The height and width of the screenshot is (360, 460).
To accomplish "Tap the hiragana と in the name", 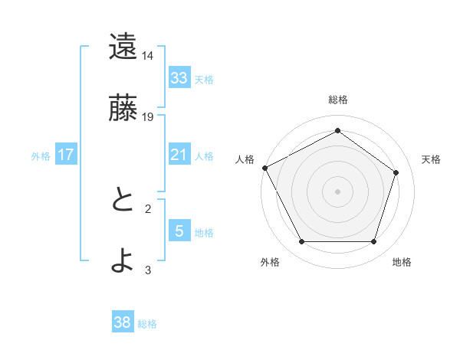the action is pos(122,200).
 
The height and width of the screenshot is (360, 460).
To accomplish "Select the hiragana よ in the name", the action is pos(122,261).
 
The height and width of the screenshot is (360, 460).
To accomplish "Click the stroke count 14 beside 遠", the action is pos(148,56).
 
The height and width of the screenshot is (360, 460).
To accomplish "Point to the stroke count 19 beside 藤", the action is pos(148,117).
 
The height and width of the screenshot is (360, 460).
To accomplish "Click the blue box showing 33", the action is pos(179,78).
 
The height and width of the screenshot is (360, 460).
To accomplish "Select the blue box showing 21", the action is pos(179,155).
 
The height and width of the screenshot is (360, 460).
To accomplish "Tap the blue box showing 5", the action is pos(179,231).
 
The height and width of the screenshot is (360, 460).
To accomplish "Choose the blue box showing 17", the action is pos(66,155).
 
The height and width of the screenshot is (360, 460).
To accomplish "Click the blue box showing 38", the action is pos(123,322).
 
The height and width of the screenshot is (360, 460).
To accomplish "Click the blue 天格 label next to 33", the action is pos(204,80).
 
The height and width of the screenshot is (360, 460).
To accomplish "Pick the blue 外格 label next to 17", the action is pos(41,156).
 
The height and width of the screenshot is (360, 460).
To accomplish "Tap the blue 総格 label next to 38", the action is pos(147,324).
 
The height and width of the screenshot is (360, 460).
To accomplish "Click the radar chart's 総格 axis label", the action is pos(338,100).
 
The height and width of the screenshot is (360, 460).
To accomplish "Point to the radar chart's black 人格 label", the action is pos(245,159).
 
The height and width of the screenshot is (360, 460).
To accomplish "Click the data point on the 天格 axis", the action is pos(396,172).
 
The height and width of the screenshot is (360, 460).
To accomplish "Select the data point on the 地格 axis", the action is pos(374,242).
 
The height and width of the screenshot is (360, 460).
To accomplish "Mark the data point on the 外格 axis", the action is pos(301,242).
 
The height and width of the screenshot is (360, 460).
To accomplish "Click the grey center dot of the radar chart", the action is pos(338,191).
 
